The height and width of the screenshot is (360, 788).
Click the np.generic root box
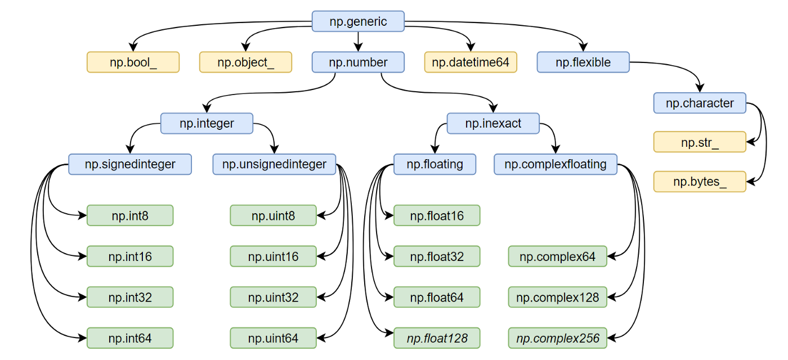358,21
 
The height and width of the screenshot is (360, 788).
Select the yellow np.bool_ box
133,62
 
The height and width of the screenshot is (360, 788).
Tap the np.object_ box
245,62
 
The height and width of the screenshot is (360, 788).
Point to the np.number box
358,62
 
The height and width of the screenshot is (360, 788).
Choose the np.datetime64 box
471,62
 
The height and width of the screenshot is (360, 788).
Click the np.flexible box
583,62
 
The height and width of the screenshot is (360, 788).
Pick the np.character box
700,103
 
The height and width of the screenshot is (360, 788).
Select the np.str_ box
700,142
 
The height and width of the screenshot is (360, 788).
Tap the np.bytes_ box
700,182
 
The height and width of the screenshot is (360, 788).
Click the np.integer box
207,124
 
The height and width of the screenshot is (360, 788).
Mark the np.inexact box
493,124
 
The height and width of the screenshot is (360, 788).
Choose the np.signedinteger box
130,164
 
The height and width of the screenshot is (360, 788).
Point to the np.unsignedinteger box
274,164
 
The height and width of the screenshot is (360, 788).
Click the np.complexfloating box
556,164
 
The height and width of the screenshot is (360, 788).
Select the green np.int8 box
130,215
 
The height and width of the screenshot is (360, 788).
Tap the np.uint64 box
273,338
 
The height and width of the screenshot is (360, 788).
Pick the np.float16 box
437,215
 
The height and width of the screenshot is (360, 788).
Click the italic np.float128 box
437,338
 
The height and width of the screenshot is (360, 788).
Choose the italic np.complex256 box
558,338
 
